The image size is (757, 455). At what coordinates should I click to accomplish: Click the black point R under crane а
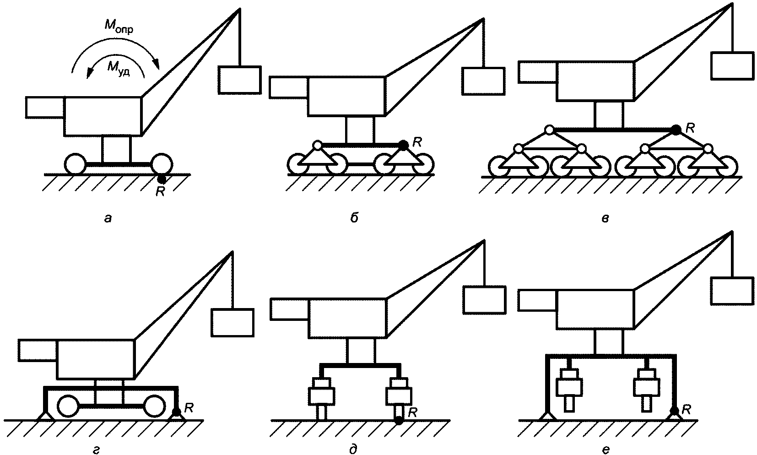pyautogui.click(x=161, y=179)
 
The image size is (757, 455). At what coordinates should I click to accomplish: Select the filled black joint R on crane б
pyautogui.click(x=403, y=145)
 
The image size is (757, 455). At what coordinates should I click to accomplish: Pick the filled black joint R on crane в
pyautogui.click(x=676, y=130)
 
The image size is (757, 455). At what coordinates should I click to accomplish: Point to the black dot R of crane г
pyautogui.click(x=176, y=412)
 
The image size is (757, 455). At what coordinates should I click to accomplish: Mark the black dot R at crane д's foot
pyautogui.click(x=399, y=421)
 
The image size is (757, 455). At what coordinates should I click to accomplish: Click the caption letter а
pyautogui.click(x=108, y=218)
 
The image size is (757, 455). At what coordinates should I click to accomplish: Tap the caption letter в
pyautogui.click(x=605, y=218)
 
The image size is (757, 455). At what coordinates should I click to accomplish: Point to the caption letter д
pyautogui.click(x=353, y=450)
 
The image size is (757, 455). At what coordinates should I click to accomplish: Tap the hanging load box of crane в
pyautogui.click(x=731, y=65)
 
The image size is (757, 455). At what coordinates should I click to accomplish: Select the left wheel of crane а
pyautogui.click(x=75, y=163)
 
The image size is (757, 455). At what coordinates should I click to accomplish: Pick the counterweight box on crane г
pyautogui.click(x=38, y=350)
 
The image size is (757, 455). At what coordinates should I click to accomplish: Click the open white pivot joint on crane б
pyautogui.click(x=317, y=146)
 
